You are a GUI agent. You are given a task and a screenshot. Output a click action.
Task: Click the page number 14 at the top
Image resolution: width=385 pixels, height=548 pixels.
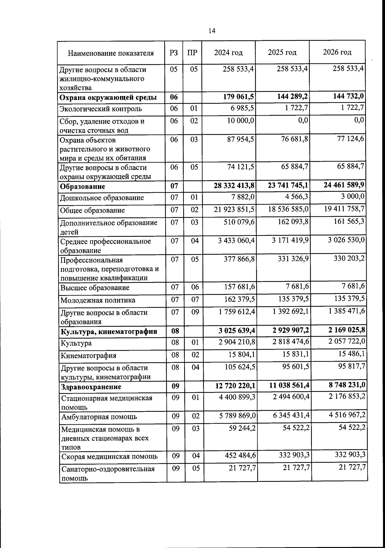point(212,31)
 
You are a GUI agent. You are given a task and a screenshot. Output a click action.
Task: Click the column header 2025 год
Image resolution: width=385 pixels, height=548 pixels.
point(282,52)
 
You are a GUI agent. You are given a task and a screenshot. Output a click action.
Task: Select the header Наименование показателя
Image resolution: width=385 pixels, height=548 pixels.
point(111,53)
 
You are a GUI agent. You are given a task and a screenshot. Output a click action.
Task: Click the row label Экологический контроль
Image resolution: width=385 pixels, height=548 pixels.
point(101,109)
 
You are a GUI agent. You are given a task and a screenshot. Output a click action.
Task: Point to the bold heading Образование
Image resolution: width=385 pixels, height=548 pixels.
point(83,187)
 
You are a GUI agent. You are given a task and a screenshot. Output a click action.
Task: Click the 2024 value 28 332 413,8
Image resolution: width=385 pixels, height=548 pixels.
point(234,185)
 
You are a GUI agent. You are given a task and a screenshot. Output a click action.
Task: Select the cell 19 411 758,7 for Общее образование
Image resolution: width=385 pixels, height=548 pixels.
point(344,209)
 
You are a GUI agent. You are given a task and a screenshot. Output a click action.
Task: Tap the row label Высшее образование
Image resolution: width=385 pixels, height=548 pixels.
point(95,288)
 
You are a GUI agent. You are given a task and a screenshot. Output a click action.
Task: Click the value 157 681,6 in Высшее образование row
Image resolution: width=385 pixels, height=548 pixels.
point(239,287)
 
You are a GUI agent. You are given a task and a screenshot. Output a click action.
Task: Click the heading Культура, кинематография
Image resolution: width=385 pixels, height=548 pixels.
point(109,331)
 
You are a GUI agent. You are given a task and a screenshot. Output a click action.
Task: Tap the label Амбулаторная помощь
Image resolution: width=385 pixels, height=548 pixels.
point(99,417)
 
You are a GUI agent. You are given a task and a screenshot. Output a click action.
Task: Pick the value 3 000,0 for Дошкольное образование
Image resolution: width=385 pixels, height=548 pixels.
point(352,197)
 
